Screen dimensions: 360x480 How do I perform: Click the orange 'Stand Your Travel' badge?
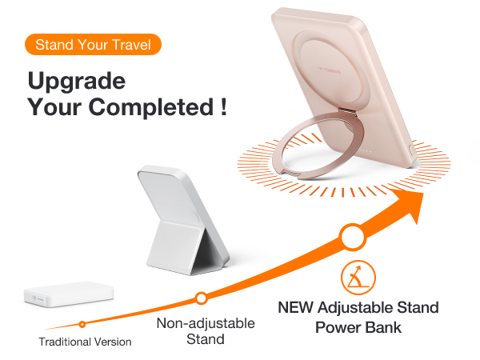94,44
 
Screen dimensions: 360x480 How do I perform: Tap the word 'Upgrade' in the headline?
77,82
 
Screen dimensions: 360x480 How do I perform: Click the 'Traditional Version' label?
85,342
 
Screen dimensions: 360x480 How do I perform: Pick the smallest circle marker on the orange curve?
82,324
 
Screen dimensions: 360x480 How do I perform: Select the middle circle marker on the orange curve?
201,298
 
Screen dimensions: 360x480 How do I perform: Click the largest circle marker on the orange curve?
350,238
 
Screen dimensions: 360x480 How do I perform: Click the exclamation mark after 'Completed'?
221,107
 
